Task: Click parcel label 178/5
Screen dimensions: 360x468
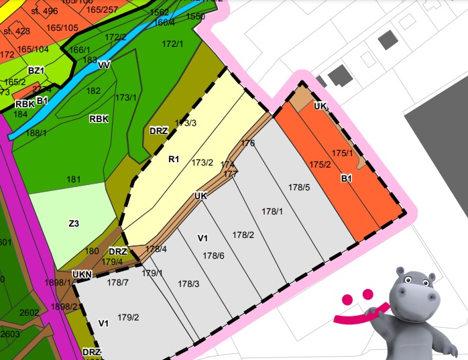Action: click(x=299, y=187)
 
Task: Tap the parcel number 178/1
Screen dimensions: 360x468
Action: click(x=273, y=211)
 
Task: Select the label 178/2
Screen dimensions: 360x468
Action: click(x=243, y=235)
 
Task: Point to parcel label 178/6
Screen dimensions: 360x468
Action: click(x=213, y=255)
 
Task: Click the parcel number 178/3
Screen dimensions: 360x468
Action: click(x=189, y=284)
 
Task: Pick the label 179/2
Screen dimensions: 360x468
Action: click(x=128, y=317)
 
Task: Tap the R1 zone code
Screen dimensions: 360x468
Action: click(x=174, y=160)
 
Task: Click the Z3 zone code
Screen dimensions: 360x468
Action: click(x=74, y=223)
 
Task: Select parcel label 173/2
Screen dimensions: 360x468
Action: click(x=202, y=162)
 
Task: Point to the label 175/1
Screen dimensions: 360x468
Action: click(x=343, y=153)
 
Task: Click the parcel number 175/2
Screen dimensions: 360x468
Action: click(x=320, y=165)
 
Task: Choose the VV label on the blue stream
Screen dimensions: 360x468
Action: click(x=104, y=65)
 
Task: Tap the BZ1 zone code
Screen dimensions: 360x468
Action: click(x=36, y=70)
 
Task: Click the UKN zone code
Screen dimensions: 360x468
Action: click(x=82, y=274)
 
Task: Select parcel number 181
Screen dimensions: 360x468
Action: click(x=74, y=179)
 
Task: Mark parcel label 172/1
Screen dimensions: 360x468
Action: click(x=172, y=44)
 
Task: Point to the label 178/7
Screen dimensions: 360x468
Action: click(x=117, y=282)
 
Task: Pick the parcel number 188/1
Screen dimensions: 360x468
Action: click(x=36, y=133)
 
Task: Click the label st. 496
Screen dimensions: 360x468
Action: click(x=45, y=11)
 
